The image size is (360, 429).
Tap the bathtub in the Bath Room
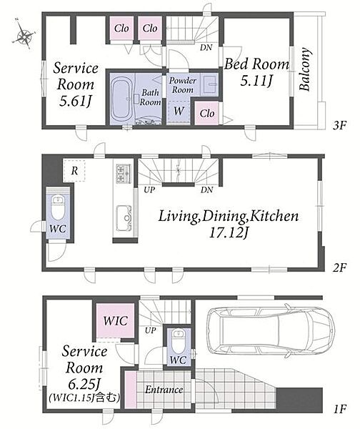[122, 99]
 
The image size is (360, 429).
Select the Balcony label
[305, 69]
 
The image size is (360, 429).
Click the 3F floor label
[339, 126]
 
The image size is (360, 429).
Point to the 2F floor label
[339, 268]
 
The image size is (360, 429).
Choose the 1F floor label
[340, 409]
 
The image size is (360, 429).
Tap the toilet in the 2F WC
[58, 207]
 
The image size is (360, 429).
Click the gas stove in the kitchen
[124, 174]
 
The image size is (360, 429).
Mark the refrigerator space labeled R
[74, 171]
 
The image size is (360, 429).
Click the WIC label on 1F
[115, 321]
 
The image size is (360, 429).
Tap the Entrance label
[164, 390]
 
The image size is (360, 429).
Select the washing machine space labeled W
[179, 111]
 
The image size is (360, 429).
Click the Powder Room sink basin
[211, 84]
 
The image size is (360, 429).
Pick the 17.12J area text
[229, 233]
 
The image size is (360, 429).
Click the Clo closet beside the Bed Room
[207, 113]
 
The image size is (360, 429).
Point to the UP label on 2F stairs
[149, 190]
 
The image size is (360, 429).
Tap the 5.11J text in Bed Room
[256, 80]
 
